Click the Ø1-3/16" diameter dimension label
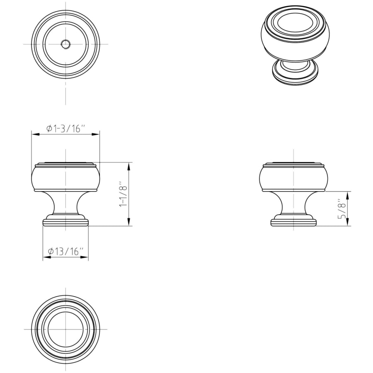65,128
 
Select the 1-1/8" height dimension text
124,194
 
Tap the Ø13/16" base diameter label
65,251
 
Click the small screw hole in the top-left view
65,44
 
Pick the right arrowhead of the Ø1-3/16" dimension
96,134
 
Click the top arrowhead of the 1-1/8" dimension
129,166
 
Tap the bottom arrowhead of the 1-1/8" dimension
129,222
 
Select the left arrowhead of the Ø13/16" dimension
46,257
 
